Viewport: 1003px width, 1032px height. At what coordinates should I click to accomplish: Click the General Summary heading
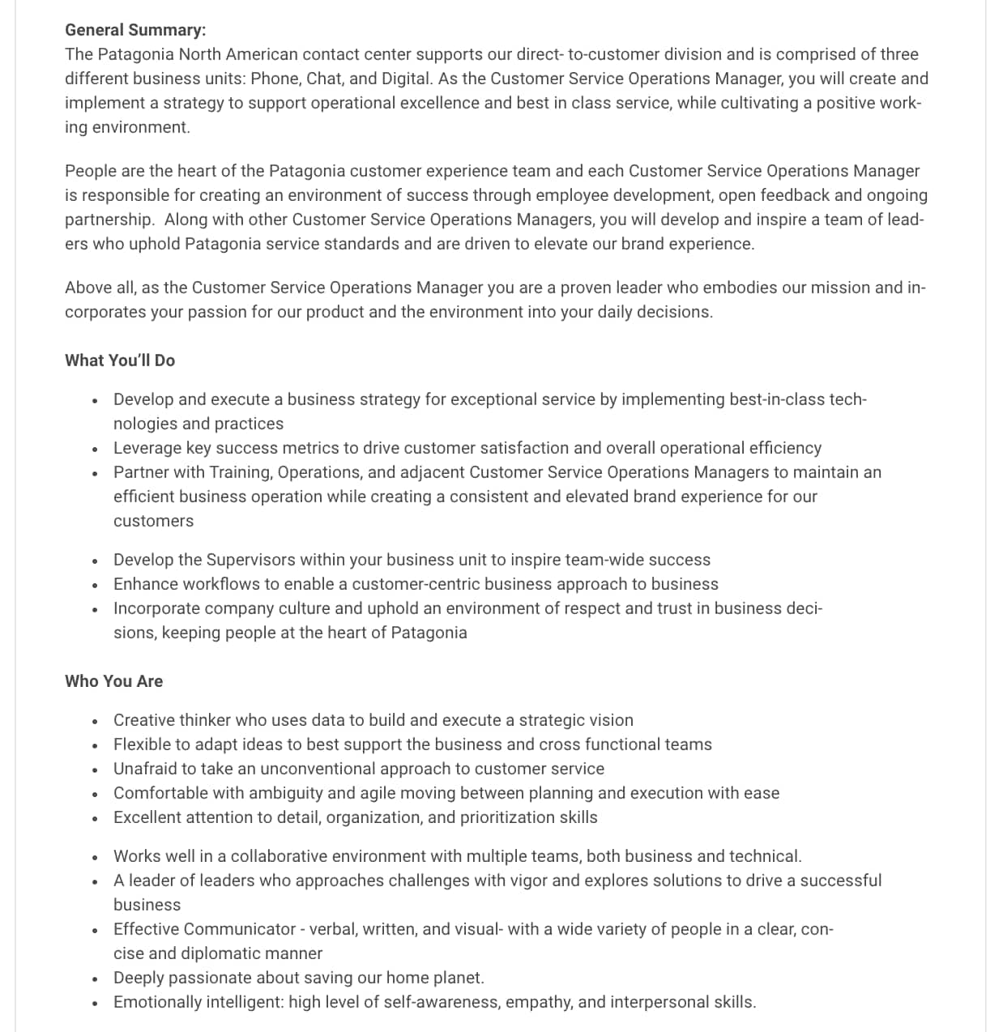coord(135,30)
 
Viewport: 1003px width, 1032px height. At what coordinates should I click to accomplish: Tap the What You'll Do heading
coord(120,360)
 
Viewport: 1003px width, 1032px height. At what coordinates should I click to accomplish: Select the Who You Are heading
coord(113,681)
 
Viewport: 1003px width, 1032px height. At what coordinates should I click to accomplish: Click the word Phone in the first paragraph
coord(275,79)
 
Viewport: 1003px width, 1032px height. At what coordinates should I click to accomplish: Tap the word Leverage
coord(147,448)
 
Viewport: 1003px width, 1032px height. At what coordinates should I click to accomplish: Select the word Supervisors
coord(254,560)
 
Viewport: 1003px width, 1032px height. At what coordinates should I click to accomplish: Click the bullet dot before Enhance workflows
coord(96,585)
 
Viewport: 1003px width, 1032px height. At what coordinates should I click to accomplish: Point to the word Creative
coord(143,720)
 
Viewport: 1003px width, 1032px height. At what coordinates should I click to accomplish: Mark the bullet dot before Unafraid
coord(96,770)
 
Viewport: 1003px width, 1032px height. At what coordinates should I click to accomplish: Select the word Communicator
coord(239,929)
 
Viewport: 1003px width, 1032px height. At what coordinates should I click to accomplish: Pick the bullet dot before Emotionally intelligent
coord(96,1003)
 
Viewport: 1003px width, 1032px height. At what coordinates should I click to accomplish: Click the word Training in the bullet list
coord(240,472)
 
